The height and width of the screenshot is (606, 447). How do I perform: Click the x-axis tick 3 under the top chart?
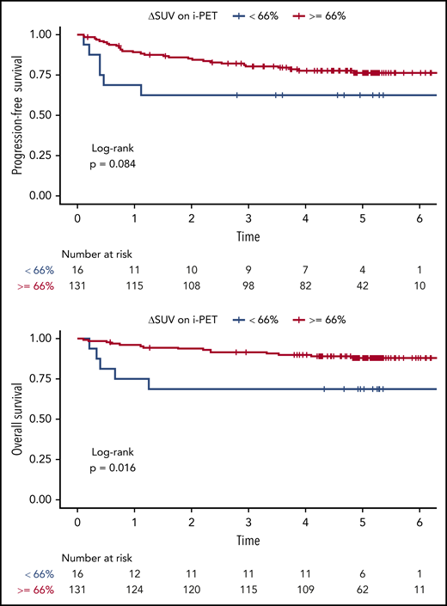click(x=248, y=217)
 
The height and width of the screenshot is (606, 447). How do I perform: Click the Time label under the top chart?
click(x=248, y=234)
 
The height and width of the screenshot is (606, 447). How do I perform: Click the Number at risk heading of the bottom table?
click(x=100, y=557)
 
